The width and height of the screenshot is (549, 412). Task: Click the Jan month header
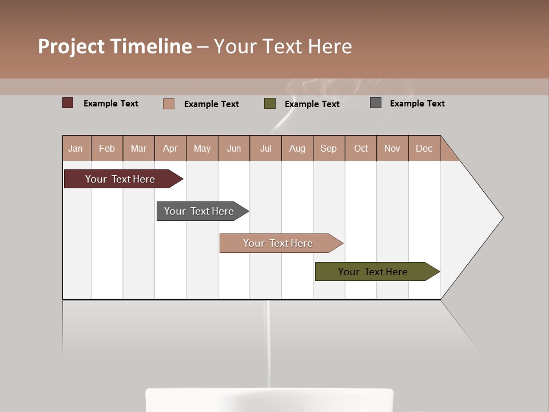[75, 148]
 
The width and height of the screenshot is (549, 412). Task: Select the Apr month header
[170, 148]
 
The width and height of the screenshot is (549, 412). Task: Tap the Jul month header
[265, 148]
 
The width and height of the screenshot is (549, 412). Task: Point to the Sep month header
[328, 148]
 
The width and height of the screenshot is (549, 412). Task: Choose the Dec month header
[424, 148]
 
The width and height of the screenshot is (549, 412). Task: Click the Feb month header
[107, 148]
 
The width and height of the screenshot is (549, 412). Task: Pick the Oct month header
[361, 148]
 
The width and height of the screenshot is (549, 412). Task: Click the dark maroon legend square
[67, 103]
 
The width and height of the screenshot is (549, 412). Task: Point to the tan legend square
[168, 104]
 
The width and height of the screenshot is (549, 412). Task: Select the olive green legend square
[270, 104]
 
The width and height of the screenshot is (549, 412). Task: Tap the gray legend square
[376, 103]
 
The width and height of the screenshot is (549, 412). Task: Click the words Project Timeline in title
[115, 46]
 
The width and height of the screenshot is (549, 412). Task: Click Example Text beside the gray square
[417, 104]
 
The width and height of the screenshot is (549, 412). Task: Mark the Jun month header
[234, 148]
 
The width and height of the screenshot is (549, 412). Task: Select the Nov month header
[392, 148]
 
